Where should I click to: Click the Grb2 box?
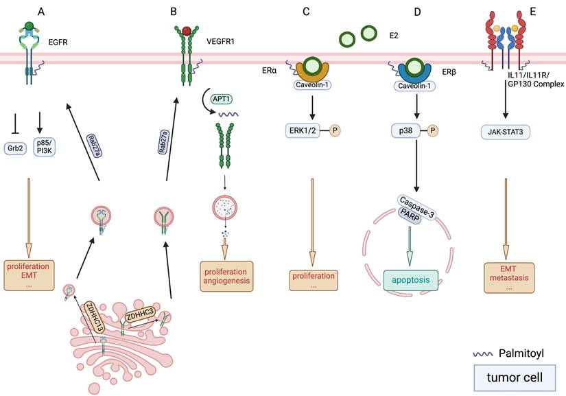click(x=15, y=146)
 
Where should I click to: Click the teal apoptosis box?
click(x=410, y=280)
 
